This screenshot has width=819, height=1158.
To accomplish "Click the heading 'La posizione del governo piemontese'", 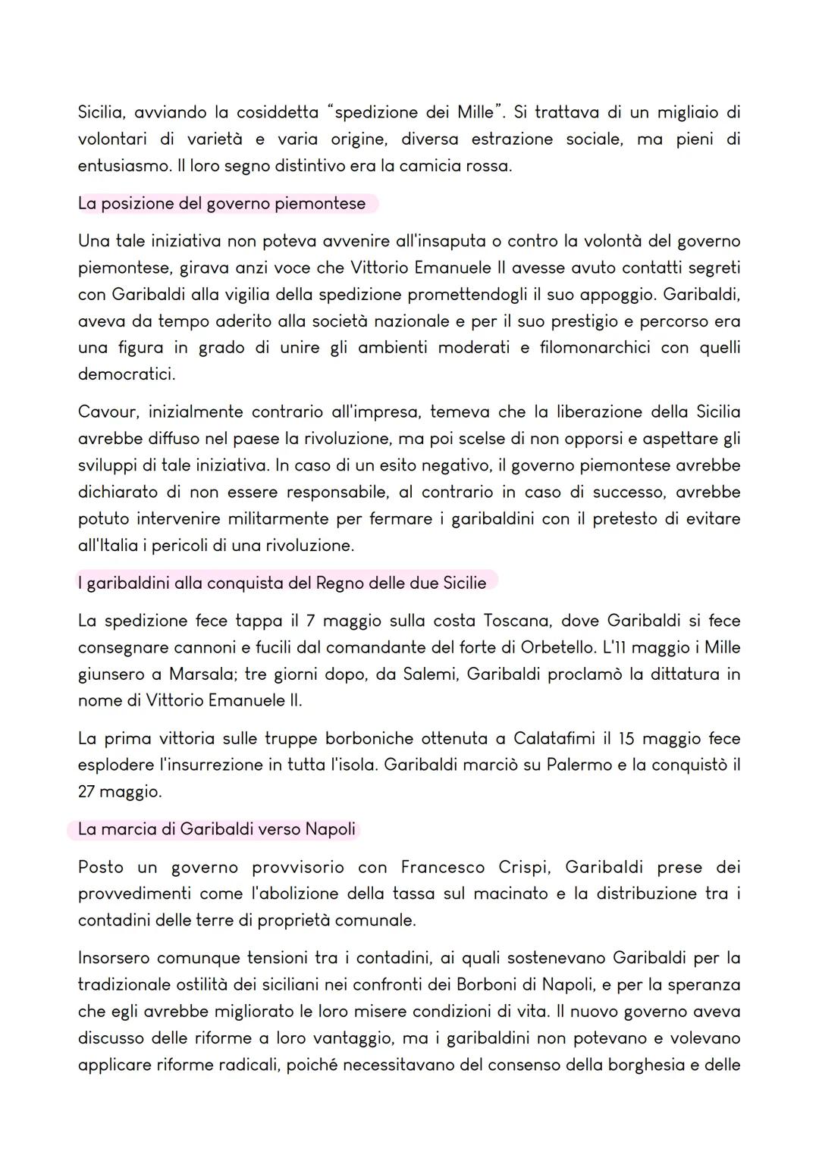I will [x=221, y=203].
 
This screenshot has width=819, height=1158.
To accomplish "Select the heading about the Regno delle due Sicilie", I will [x=281, y=583].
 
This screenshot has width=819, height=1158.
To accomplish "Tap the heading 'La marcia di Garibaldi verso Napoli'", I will [x=216, y=829].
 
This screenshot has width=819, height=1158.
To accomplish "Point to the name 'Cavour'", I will [x=107, y=412].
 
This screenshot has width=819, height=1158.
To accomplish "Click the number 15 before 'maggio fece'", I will [x=626, y=738].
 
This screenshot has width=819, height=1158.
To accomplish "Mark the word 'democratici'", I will [x=126, y=374].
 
